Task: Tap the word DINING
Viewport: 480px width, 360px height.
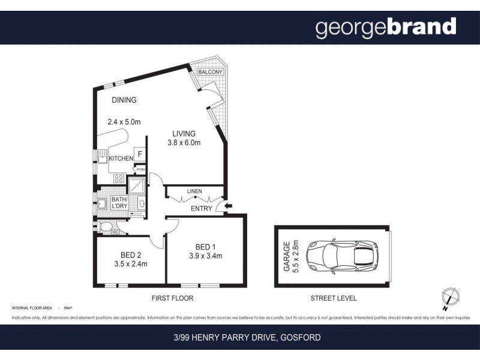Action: coord(124,100)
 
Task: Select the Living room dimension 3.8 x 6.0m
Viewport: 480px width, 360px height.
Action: coord(184,143)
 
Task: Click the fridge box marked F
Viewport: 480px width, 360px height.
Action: coord(140,154)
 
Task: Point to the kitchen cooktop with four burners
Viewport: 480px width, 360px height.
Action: coord(119,178)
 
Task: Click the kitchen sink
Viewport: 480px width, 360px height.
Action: coord(101,159)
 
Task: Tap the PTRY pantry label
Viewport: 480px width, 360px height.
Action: coord(140,170)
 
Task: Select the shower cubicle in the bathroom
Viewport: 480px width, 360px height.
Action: coord(137,186)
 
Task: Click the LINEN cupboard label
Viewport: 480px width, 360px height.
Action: coord(194,191)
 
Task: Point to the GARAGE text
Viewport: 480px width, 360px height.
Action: coord(287,257)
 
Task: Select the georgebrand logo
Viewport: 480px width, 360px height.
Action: coord(386,27)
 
